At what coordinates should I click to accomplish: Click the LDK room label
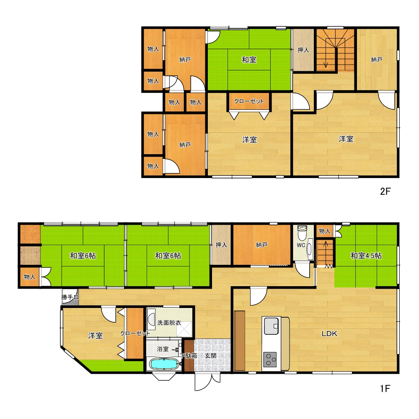click(329, 334)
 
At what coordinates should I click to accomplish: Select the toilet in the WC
click(302, 233)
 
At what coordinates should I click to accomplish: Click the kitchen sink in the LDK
click(271, 326)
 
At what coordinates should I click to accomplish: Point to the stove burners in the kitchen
click(270, 360)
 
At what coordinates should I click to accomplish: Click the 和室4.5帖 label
click(366, 256)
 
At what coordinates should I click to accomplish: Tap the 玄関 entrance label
click(211, 356)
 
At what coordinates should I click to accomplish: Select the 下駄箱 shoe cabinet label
click(189, 356)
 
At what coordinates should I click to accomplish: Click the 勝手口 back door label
click(70, 297)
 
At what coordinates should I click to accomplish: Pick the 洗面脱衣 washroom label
click(169, 323)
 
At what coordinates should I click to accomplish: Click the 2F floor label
click(385, 191)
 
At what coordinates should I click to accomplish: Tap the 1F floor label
click(385, 388)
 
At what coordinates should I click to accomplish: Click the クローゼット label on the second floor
click(249, 101)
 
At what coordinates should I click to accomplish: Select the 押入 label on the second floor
click(303, 50)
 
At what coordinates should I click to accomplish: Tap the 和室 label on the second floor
click(249, 59)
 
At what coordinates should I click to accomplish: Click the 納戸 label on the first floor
click(261, 245)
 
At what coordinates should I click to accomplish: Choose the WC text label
click(301, 245)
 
